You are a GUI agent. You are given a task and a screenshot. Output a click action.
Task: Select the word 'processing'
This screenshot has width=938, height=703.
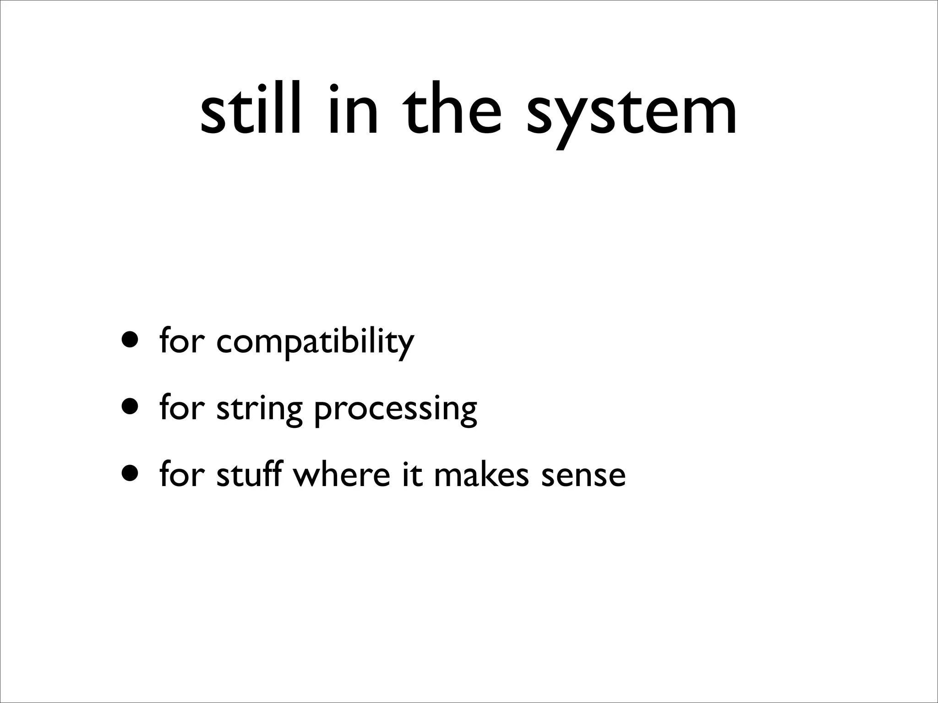(x=395, y=410)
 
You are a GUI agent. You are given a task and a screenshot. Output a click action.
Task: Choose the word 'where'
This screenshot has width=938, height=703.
(x=341, y=474)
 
